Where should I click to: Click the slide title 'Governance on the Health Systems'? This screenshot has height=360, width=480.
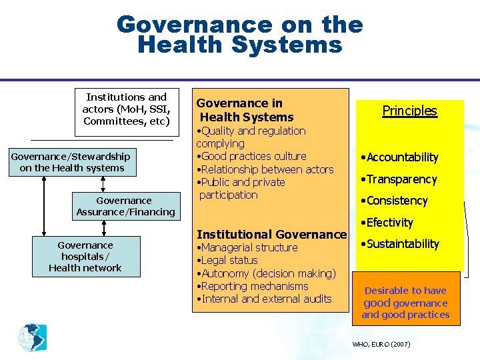pos(239,35)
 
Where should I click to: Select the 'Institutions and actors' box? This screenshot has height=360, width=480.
pos(125,109)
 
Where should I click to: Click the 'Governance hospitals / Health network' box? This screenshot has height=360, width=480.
pos(85,257)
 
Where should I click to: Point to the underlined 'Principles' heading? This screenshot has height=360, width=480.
pos(409,111)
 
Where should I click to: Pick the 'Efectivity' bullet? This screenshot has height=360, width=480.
pos(389,223)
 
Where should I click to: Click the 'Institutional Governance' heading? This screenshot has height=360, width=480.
pos(272,235)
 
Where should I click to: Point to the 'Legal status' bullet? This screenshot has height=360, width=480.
pos(230,261)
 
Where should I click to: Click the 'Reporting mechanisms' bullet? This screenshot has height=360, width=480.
pos(254,286)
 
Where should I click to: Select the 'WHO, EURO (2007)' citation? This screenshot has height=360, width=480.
pos(381,345)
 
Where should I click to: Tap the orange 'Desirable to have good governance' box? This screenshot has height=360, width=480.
pos(406,303)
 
